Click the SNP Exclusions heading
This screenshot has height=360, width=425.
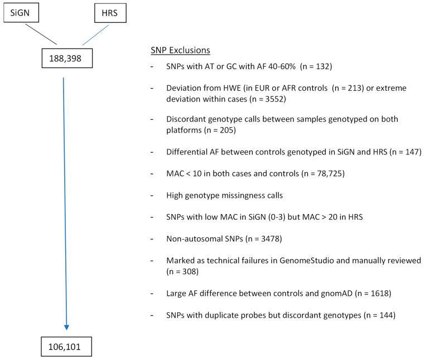click(x=180, y=50)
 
